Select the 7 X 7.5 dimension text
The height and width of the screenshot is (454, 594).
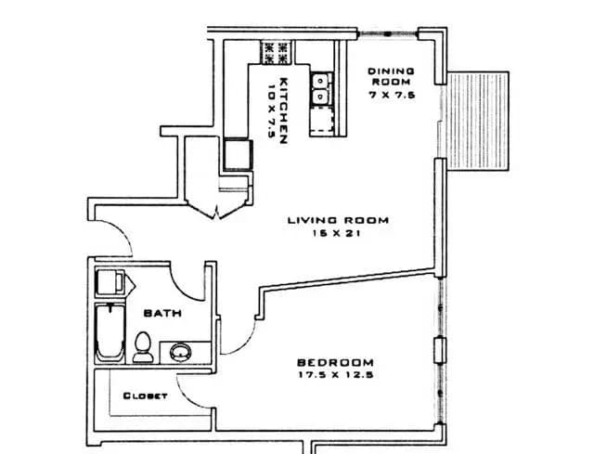[391, 96]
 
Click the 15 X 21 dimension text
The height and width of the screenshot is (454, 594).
[337, 234]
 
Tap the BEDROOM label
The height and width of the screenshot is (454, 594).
[334, 362]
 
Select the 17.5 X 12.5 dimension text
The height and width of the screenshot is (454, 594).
[334, 376]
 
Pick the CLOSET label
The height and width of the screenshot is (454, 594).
[145, 396]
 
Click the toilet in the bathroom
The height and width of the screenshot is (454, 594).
[143, 347]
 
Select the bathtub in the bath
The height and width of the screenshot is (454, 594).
[110, 333]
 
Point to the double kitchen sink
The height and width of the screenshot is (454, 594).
[321, 87]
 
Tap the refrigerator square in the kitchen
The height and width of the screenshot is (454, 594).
[238, 153]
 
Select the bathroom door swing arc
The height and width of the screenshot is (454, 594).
[191, 279]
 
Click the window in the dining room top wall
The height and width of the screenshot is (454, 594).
[386, 35]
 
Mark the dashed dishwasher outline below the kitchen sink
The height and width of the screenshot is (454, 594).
[322, 120]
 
